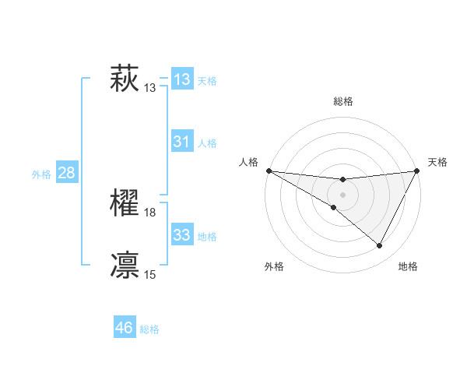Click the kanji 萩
coord(125,79)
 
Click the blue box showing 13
coord(182,79)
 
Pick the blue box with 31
coord(182,142)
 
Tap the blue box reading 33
coord(182,235)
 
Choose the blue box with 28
coord(66,173)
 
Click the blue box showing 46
coord(124,328)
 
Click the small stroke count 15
coord(150,274)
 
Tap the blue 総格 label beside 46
coord(149,329)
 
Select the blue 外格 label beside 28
coord(41,174)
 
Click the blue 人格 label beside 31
coord(207,143)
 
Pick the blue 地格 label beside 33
coord(207,237)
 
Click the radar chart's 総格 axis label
coord(342,101)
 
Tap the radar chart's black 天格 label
coord(437,162)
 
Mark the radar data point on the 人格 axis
coord(269,171)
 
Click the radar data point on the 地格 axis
coord(380,246)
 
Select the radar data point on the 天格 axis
coord(417,171)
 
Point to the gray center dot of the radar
coord(342,195)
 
